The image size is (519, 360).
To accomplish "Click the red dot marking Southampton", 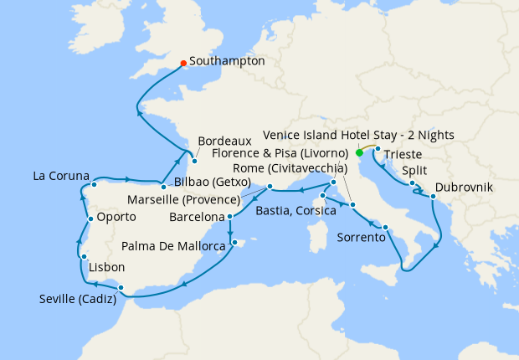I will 183,62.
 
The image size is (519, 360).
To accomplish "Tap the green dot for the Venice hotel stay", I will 359,153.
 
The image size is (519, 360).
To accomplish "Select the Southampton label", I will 227,62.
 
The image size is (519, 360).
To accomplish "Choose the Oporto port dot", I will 90,219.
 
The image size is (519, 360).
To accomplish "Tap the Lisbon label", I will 106,268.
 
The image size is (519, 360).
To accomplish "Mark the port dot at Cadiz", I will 122,288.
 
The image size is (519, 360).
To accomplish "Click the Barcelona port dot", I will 229,217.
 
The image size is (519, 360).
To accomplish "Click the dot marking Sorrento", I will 385,228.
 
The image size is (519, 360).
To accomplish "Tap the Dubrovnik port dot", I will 433,197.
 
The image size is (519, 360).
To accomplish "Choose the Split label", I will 414,170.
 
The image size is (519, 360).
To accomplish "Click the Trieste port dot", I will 378,151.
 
